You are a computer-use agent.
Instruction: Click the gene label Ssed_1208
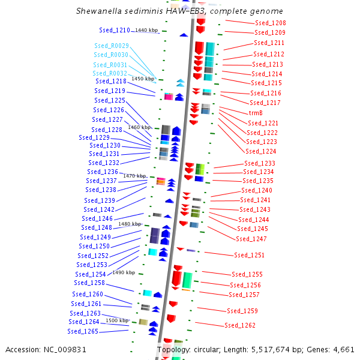coord(270,23)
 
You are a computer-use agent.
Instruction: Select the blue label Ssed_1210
coord(114,30)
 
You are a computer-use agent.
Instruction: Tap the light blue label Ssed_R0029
coord(111,46)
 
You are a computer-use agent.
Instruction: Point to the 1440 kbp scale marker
coord(146,30)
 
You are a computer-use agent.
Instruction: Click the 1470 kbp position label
coord(135,176)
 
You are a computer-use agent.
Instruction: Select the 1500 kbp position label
coord(117,320)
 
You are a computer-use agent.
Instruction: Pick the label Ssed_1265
coord(83,331)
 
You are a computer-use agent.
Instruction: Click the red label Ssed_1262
coord(240,325)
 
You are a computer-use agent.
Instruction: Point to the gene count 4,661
coord(343,349)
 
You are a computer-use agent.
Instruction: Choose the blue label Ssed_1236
coord(102,172)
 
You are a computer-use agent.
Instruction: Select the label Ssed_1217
coord(265,103)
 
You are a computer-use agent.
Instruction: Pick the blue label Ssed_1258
coord(89,283)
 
